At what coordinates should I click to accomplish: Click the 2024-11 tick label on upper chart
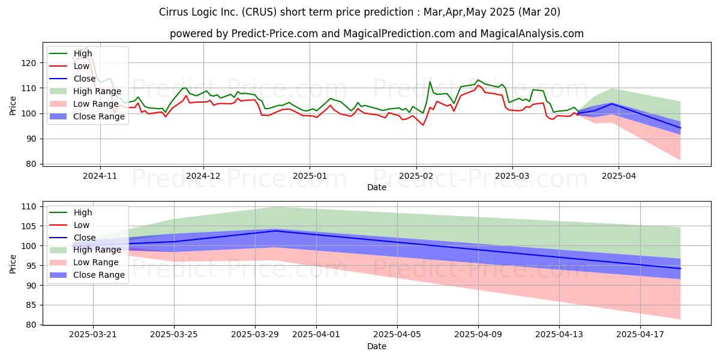click(x=100, y=176)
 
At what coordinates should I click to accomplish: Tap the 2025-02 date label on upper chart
click(x=416, y=176)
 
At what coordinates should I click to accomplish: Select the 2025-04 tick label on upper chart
click(x=619, y=176)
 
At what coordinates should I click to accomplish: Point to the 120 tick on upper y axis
click(x=29, y=63)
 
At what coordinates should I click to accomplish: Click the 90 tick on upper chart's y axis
click(x=31, y=139)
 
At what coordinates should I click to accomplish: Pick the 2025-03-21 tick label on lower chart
click(x=93, y=335)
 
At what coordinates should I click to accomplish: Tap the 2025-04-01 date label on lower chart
click(x=316, y=335)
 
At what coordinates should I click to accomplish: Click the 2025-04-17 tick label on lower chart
click(x=640, y=335)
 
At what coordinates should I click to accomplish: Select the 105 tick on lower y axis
click(x=29, y=226)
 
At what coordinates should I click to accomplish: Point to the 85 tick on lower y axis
click(x=31, y=305)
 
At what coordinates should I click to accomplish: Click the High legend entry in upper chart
click(x=83, y=53)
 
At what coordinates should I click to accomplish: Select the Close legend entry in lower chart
click(x=85, y=238)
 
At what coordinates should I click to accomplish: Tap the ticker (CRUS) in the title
click(x=259, y=12)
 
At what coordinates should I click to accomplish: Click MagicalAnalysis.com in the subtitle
click(x=532, y=34)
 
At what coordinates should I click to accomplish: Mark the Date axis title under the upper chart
click(x=377, y=187)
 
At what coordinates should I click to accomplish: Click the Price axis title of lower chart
click(x=13, y=264)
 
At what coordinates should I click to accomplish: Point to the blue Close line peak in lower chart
click(x=276, y=231)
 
